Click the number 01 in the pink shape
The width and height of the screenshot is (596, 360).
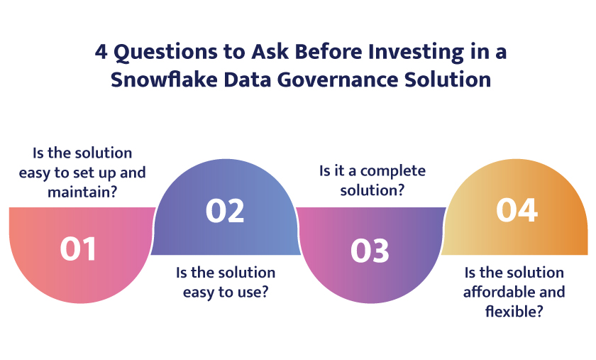(78, 249)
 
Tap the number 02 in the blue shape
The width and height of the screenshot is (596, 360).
(225, 212)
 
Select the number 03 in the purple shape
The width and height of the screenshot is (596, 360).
(370, 251)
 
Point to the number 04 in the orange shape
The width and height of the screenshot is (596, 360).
(517, 210)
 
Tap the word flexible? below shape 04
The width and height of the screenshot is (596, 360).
(514, 310)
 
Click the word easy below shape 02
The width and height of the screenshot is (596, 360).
(201, 291)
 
